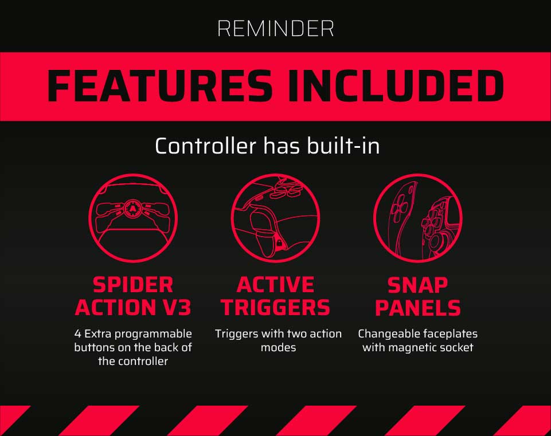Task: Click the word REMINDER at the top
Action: point(275,29)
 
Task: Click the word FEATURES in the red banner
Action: point(160,86)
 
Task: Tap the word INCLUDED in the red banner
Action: point(396,86)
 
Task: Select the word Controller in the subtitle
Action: point(206,146)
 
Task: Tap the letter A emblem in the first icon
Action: point(132,209)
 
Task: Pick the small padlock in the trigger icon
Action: point(279,242)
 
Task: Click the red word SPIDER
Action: point(133,285)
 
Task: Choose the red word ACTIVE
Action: point(275,285)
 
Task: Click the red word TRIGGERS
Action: point(275,307)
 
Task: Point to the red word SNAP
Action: point(418,285)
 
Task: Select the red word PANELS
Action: point(418,307)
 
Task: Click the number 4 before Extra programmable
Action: point(78,333)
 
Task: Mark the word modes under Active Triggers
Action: point(278,348)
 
